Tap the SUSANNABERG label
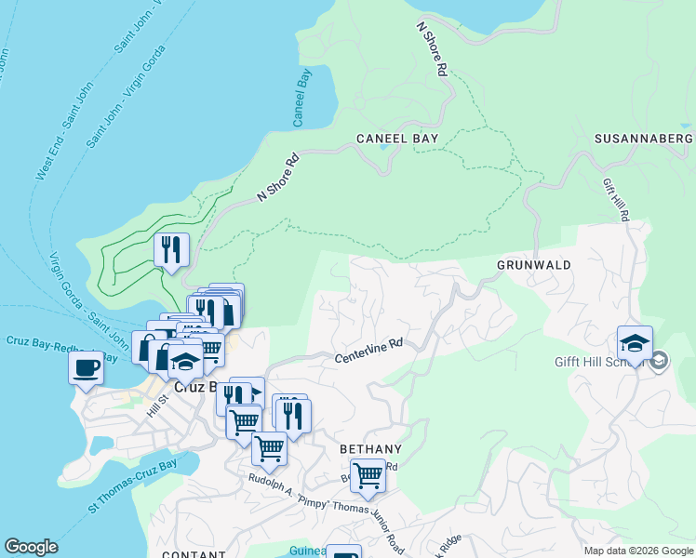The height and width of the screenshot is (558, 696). point(645,139)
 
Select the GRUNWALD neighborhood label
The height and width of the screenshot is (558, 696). point(533,265)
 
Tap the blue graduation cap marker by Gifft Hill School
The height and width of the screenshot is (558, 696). point(635,344)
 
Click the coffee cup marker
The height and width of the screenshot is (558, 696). point(87,366)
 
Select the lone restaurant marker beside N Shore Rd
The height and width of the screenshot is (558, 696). point(170,249)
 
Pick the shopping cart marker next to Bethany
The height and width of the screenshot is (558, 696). point(368,475)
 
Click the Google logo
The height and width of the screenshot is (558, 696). point(31,547)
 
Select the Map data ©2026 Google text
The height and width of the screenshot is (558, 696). point(637,551)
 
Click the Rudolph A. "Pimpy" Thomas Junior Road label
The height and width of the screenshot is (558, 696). point(326,512)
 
